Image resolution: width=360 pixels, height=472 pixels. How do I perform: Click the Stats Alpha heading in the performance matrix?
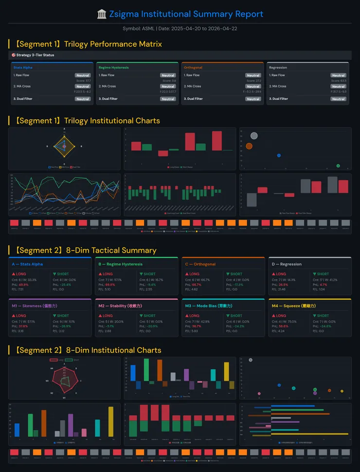[x=23, y=68]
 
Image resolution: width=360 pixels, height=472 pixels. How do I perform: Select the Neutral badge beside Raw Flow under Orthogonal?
[x=253, y=75]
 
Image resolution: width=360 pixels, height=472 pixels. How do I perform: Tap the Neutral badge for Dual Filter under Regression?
[x=338, y=99]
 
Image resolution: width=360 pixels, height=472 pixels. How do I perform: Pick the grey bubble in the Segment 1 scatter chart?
[x=253, y=136]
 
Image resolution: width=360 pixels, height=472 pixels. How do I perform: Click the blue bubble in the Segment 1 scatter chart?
[x=279, y=155]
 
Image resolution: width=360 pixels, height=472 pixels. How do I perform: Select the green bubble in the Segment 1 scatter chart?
[x=338, y=166]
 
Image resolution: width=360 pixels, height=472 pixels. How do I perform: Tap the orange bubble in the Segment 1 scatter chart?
[x=249, y=146]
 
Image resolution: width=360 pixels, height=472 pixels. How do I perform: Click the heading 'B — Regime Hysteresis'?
[x=120, y=264]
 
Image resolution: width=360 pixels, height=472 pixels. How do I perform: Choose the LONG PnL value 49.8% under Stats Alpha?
[x=23, y=284]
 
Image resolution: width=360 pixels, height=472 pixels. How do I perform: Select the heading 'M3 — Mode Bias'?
[x=208, y=306]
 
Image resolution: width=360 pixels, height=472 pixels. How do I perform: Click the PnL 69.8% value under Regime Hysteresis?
[x=110, y=284]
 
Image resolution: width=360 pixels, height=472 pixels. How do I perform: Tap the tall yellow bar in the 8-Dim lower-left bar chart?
[x=111, y=421]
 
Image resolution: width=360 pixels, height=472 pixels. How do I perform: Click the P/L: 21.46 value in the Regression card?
[x=280, y=289]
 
